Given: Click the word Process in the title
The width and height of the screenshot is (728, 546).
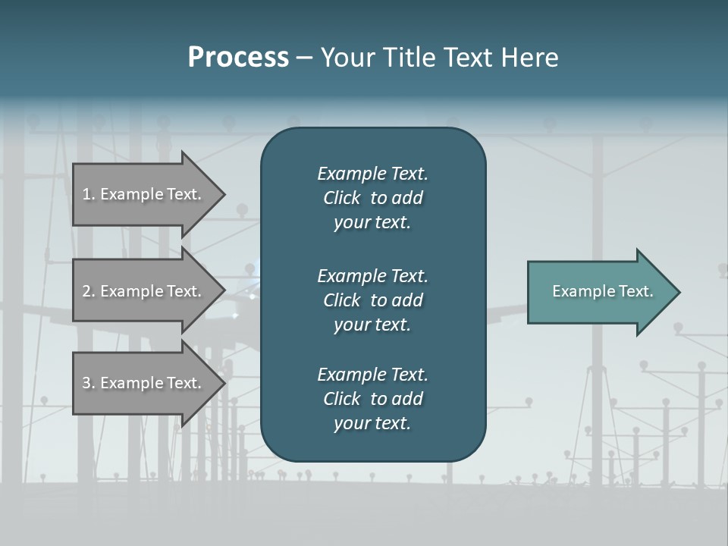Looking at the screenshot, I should tap(238, 57).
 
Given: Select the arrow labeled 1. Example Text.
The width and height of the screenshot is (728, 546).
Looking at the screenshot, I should tap(144, 194).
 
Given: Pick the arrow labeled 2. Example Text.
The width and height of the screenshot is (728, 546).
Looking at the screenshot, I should tap(144, 291).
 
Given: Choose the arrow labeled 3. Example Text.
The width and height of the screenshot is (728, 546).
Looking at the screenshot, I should tap(144, 383).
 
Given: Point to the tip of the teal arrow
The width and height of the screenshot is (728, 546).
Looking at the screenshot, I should tap(679, 291).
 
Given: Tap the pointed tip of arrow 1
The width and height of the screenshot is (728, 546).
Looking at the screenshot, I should tap(224, 194).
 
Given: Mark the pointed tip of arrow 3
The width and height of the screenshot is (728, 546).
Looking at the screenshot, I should tap(224, 383).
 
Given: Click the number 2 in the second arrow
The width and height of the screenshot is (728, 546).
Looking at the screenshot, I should tap(86, 291).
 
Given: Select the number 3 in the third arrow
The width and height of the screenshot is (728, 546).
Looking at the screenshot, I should tap(86, 383).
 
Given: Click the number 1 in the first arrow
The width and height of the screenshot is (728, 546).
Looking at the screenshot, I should tap(86, 194).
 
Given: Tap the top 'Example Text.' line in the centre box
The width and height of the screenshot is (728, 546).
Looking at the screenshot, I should tap(372, 174).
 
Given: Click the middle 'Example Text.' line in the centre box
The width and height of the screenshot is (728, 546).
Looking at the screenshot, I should tap(372, 275).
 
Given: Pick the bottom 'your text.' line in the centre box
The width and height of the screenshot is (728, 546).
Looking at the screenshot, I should tap(372, 423).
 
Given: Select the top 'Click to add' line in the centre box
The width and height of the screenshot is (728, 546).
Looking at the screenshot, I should tap(372, 198).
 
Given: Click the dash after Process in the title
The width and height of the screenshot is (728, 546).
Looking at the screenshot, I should tap(305, 58).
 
